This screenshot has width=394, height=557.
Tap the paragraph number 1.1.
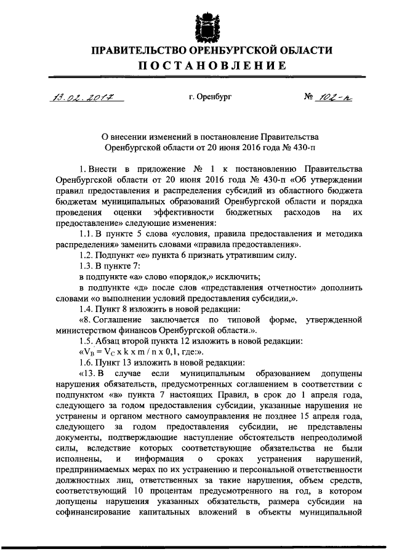pyautogui.click(x=87, y=234)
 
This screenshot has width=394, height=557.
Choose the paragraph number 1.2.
pyautogui.click(x=87, y=255)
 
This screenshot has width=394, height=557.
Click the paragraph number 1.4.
pyautogui.click(x=87, y=308)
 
